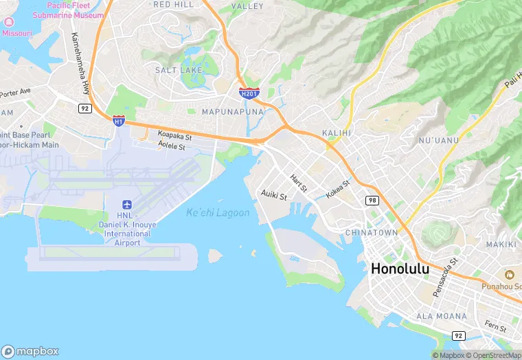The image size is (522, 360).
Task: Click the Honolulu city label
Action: (x=400, y=269)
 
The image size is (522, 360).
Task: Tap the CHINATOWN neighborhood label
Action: (x=372, y=233)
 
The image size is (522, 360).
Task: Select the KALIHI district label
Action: (x=337, y=133)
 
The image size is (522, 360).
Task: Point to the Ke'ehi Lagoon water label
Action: (x=218, y=213)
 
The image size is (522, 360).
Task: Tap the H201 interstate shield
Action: (x=249, y=93)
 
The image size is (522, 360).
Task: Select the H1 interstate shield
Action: (x=119, y=120)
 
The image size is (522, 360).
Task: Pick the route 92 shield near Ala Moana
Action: (x=457, y=335)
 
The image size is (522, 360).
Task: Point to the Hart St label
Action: (x=298, y=182)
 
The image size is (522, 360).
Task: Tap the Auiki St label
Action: (x=273, y=195)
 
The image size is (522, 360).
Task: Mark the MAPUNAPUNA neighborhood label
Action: (x=234, y=111)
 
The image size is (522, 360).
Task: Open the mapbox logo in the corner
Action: (x=31, y=350)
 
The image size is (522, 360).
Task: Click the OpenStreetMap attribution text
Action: (x=493, y=355)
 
